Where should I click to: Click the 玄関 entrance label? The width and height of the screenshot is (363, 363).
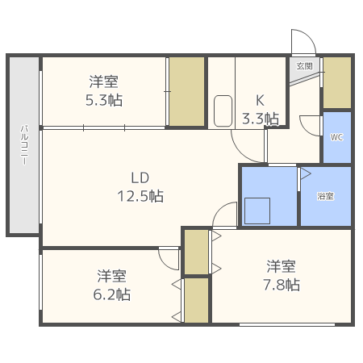(x=305, y=66)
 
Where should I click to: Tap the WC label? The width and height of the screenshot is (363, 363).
(x=336, y=137)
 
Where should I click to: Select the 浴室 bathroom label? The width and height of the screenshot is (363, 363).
(x=325, y=196)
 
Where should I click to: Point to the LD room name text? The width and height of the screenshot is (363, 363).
(x=140, y=178)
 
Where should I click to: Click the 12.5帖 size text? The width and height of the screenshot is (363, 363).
(x=140, y=196)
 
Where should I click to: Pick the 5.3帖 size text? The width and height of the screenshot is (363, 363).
(x=104, y=100)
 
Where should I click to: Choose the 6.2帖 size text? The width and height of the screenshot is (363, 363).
(x=112, y=294)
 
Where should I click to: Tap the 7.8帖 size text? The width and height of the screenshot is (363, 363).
(x=282, y=285)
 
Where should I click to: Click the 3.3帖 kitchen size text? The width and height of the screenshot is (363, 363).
(x=261, y=119)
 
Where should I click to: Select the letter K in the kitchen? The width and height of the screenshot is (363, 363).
(x=260, y=101)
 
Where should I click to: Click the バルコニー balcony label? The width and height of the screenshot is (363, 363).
(x=24, y=145)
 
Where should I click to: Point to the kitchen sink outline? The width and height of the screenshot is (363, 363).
(x=223, y=111)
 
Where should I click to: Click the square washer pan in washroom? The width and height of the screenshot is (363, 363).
(x=257, y=211)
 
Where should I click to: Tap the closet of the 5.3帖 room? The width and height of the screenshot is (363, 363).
(x=186, y=91)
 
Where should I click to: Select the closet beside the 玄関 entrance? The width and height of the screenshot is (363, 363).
(x=337, y=83)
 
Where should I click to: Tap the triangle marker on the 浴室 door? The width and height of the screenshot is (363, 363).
(x=306, y=173)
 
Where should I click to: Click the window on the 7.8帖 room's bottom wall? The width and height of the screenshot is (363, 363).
(x=287, y=324)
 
